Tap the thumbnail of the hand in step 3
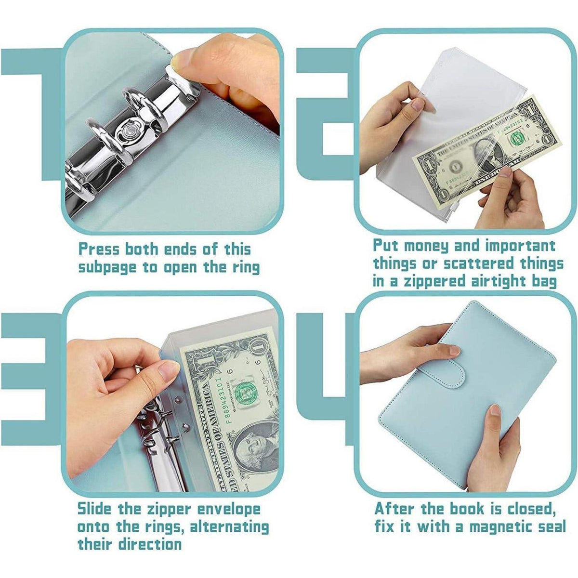(x=168, y=370)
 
